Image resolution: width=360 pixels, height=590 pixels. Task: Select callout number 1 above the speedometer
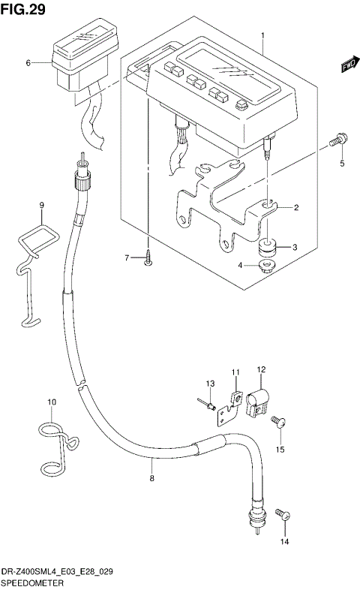tap(262, 35)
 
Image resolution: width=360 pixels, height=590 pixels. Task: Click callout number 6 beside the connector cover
tap(28, 64)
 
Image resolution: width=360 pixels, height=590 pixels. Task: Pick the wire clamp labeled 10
tap(54, 447)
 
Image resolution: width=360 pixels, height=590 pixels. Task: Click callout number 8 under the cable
tap(152, 477)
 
